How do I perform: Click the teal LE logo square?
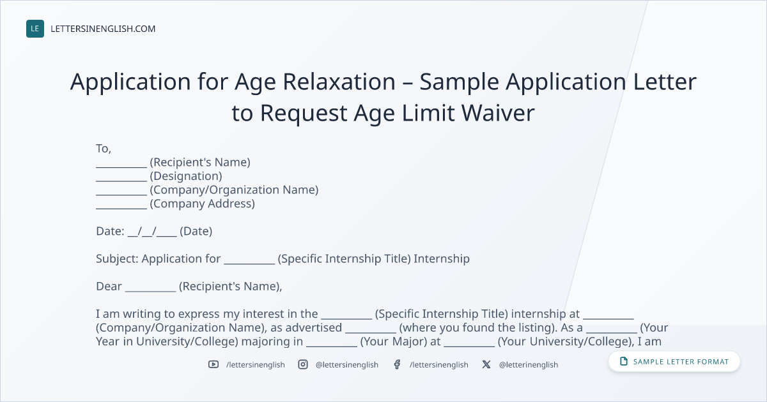click(35, 29)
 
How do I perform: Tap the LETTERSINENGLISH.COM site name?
click(103, 29)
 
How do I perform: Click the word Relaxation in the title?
click(339, 82)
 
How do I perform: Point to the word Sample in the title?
click(459, 82)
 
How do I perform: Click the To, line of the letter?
click(104, 149)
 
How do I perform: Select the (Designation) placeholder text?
click(186, 176)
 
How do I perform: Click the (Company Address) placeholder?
click(203, 204)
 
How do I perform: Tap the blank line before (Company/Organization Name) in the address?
click(121, 195)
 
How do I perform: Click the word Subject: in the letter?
click(117, 259)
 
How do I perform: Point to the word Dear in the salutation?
click(109, 287)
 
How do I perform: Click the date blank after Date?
click(152, 232)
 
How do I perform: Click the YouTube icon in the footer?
click(213, 364)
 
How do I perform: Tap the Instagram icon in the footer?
click(303, 364)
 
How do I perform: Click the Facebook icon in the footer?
click(397, 364)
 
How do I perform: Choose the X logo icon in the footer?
click(486, 364)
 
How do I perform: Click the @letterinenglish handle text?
click(529, 365)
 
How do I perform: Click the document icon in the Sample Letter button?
click(624, 361)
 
